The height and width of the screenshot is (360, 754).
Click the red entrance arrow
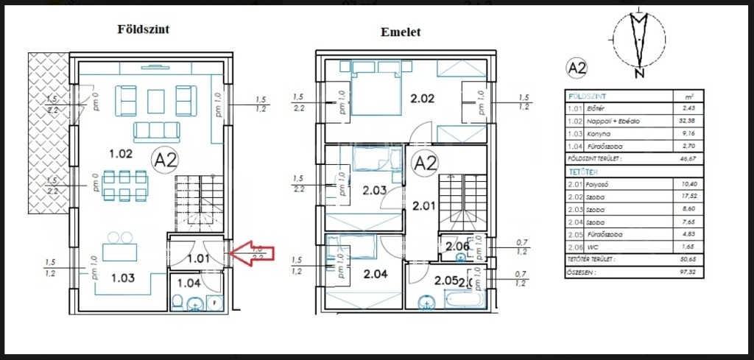(253, 254)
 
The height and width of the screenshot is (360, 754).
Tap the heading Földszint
(144, 29)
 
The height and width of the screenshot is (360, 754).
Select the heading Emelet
(401, 32)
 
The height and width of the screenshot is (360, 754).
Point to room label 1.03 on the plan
(123, 278)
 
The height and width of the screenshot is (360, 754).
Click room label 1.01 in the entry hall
(198, 258)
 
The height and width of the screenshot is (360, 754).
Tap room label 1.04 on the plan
(188, 283)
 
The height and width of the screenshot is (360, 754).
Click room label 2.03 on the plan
(374, 190)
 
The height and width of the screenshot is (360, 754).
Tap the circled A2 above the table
(576, 68)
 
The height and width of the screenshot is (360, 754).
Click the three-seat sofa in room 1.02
(156, 131)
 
